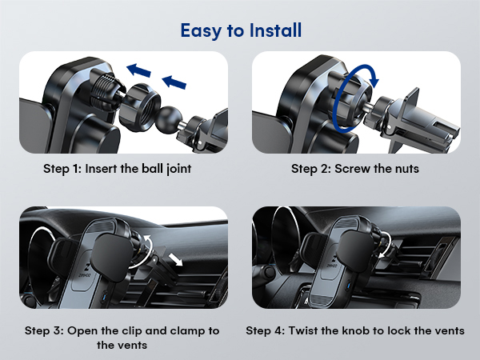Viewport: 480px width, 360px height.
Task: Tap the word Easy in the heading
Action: click(x=200, y=30)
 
